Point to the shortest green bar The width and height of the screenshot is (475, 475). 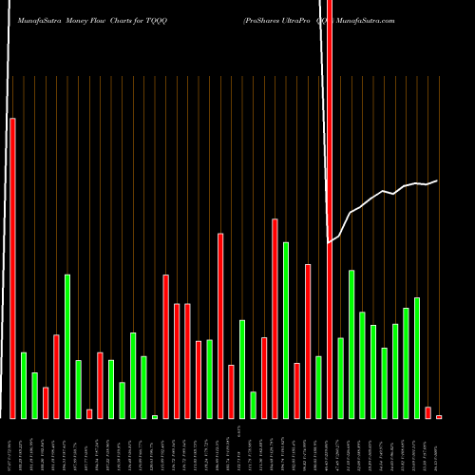tap(155, 416)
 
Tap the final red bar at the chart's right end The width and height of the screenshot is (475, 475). tap(439, 416)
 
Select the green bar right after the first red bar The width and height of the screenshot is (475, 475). tap(24, 385)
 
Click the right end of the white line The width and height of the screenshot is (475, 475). tap(437, 180)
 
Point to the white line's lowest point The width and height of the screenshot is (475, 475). tap(329, 243)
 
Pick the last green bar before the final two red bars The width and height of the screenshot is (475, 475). tap(417, 358)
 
